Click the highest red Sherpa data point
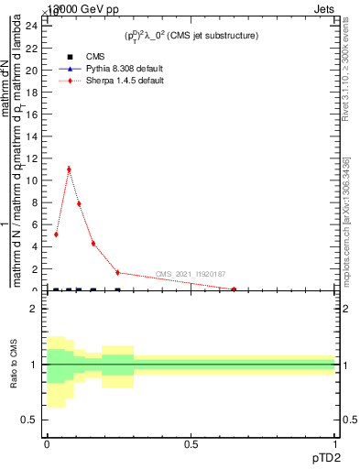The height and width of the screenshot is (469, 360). (x=69, y=169)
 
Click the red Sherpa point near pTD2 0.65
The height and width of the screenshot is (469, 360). (x=235, y=289)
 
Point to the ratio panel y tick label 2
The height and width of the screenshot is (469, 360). (x=34, y=310)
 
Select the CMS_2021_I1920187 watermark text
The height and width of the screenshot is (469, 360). (x=191, y=274)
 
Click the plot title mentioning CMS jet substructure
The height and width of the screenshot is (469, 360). (x=191, y=36)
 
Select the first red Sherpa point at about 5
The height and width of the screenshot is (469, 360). (x=56, y=234)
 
